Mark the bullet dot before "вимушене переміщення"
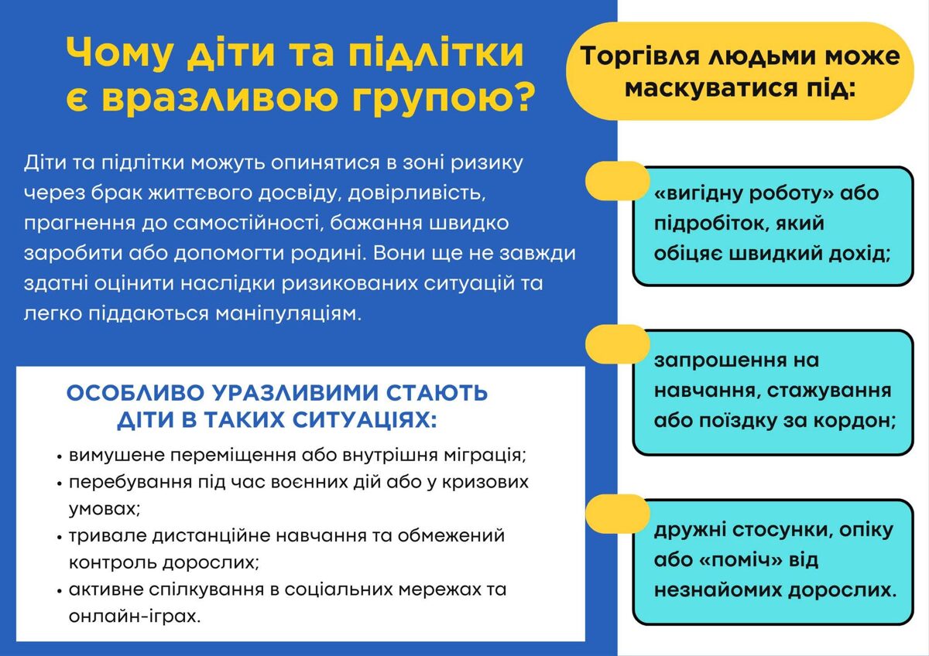click(60, 456)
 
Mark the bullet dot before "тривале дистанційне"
click(60, 537)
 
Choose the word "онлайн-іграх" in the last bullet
click(135, 617)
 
